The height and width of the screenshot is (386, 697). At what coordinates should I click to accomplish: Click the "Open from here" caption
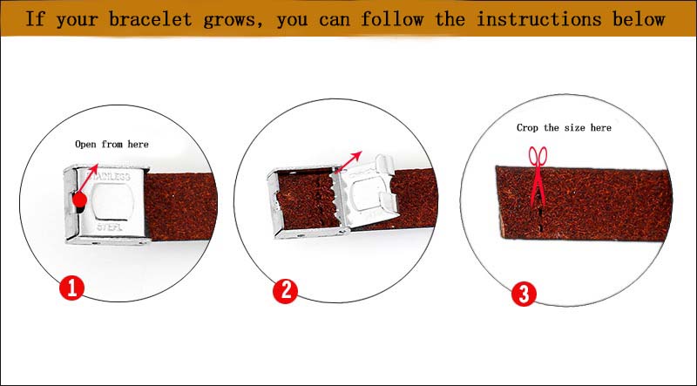point(112,145)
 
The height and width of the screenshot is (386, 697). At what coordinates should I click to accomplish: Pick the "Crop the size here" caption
point(564,127)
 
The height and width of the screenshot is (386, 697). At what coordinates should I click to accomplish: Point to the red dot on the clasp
point(79,201)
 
